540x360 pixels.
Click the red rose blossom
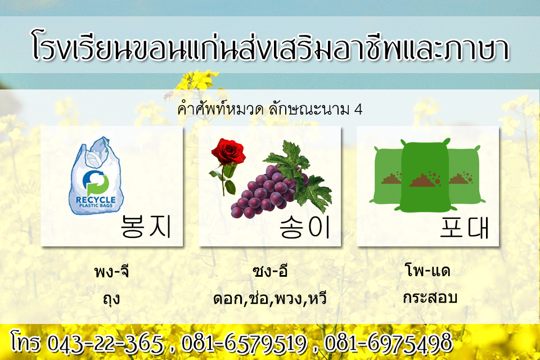228,151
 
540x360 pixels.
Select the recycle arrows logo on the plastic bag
96,183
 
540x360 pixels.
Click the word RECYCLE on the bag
96,200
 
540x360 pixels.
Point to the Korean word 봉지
146,226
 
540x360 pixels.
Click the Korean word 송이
304,226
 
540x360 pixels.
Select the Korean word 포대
464,226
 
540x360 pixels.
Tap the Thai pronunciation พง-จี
111,271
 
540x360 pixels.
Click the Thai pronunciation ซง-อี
269,271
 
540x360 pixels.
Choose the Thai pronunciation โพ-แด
427,270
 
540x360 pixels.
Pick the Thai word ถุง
111,299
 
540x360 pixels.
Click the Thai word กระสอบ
430,298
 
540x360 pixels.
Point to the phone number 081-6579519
244,343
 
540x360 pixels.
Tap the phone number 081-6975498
388,343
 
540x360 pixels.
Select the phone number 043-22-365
105,344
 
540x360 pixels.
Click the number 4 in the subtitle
358,110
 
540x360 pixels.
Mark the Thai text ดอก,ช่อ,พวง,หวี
269,299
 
